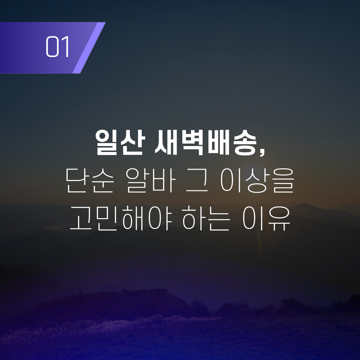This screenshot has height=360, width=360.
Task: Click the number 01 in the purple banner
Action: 58,46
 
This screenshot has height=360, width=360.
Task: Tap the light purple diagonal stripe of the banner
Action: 89,48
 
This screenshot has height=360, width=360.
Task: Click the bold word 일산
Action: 120,143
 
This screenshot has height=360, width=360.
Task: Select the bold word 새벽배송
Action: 205,143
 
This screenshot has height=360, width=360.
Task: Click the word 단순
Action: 90,180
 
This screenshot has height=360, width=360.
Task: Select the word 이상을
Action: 257,180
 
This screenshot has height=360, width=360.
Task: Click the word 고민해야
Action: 121,218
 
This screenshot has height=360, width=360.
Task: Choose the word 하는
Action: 206,218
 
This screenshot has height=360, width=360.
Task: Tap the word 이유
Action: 267,218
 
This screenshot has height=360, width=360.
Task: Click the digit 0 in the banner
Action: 52,46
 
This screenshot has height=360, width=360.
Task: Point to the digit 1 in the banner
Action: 65,46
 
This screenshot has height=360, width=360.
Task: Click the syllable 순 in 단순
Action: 102,180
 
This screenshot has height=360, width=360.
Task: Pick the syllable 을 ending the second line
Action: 283,180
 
